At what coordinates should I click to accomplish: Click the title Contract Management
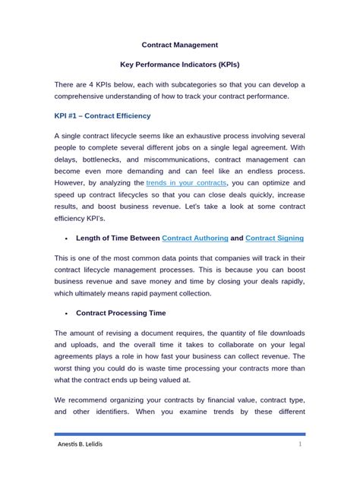(180, 46)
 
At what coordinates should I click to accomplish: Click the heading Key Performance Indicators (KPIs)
(180, 65)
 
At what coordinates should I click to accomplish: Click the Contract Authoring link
(195, 238)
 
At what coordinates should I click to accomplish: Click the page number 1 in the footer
(300, 444)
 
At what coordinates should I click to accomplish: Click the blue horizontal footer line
(180, 434)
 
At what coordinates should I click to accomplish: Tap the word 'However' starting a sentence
(74, 183)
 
